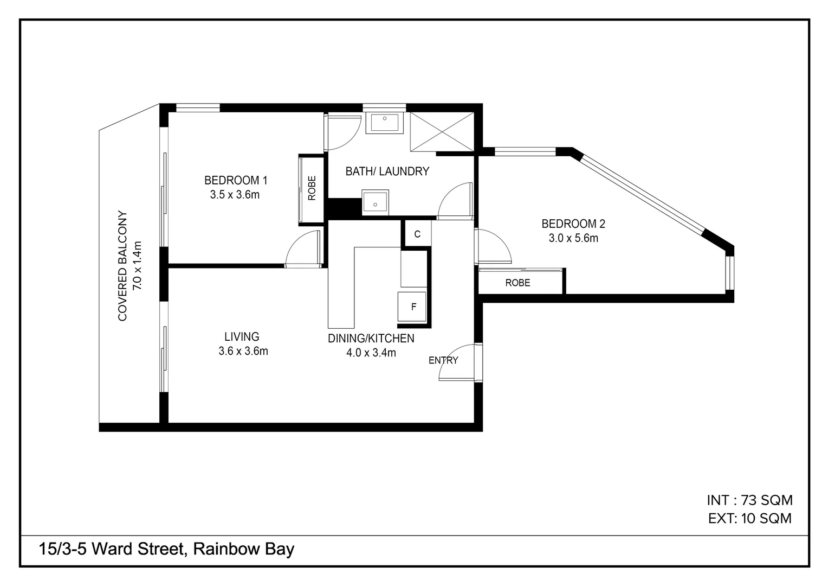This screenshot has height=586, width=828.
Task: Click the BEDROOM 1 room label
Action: coord(235,180)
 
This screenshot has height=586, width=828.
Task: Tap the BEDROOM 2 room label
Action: coord(573,224)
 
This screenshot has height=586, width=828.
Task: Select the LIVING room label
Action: coord(242,337)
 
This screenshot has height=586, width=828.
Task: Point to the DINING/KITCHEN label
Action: coord(371,339)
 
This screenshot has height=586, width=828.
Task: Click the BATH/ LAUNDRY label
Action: coord(387,171)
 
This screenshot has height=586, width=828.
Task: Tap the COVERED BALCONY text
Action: coord(122,266)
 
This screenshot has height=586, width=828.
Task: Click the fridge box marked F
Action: coord(413,307)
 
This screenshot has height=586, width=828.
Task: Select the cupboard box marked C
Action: coord(417,234)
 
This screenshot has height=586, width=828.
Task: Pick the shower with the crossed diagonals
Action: coord(442,131)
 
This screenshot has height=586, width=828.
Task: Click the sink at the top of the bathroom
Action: coord(384,122)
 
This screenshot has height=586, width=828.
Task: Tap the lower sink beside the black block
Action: coord(375,203)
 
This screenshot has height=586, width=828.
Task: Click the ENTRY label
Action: coord(443,360)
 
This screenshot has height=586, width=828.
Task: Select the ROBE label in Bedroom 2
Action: coord(517,283)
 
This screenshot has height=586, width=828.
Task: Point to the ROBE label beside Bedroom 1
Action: coord(312,188)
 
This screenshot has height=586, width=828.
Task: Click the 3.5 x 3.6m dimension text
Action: coord(235,195)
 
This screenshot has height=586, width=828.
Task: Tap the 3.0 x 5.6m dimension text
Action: coord(573,238)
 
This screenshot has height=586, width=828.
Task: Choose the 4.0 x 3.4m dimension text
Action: coord(371,353)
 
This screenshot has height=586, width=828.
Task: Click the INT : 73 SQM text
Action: coord(749,500)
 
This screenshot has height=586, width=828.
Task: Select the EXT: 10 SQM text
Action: coord(749,518)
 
